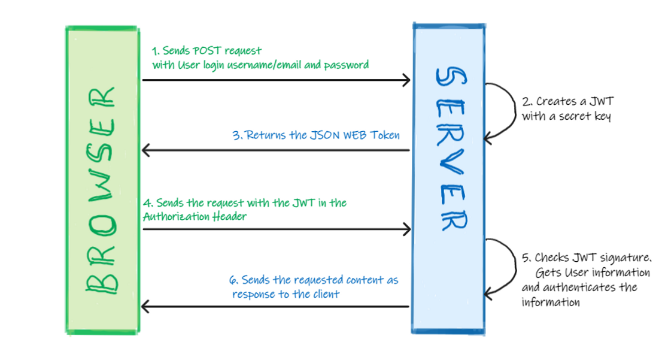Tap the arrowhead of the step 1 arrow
407,80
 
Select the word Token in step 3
385,135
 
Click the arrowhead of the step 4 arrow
407,229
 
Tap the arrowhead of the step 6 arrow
146,307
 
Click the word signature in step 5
622,259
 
